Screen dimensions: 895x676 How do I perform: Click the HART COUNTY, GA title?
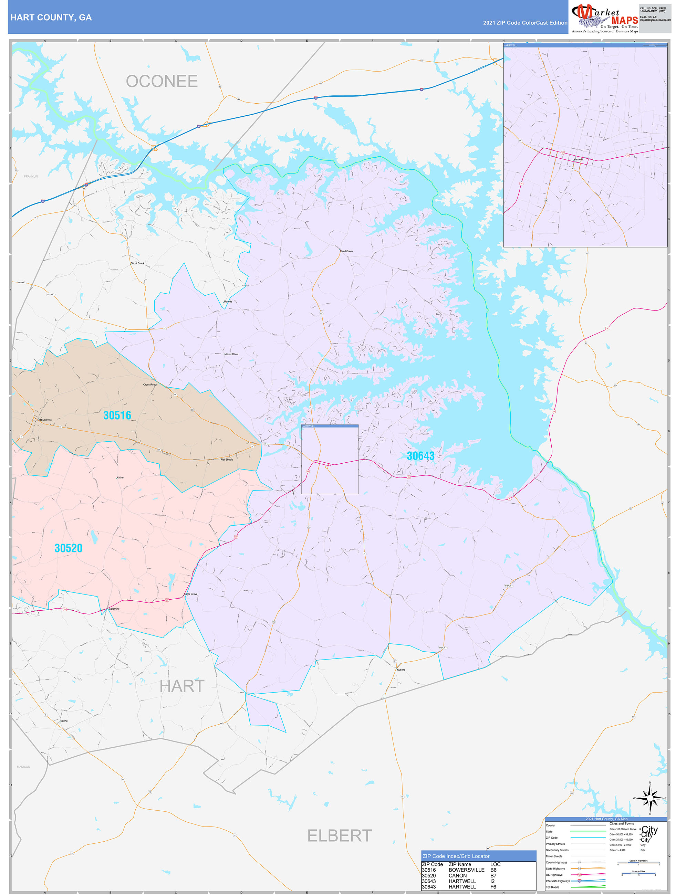[51, 18]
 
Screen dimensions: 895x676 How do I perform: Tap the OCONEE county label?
[162, 81]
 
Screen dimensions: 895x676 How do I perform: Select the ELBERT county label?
[339, 835]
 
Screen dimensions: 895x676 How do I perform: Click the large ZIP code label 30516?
[117, 415]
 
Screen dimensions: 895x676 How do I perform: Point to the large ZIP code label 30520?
[69, 548]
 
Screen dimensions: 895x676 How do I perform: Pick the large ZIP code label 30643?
[420, 456]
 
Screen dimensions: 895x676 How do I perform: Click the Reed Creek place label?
[346, 251]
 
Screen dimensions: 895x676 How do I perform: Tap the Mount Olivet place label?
[231, 354]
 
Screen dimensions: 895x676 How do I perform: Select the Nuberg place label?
[401, 670]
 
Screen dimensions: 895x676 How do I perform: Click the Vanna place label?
[64, 720]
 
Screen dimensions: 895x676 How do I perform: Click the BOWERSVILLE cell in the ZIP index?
[466, 870]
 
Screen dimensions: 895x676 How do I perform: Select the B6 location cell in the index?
[493, 870]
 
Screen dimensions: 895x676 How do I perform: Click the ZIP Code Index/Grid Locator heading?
[456, 856]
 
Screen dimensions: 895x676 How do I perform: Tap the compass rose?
[650, 798]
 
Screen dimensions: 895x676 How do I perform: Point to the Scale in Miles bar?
[638, 874]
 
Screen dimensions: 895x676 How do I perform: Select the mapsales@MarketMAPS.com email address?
[655, 20]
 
